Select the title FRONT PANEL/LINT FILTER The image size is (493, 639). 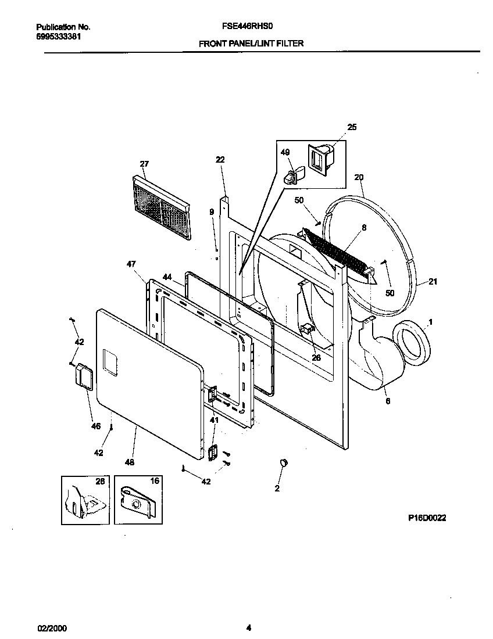[x=251, y=43]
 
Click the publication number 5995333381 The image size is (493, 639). [x=58, y=36]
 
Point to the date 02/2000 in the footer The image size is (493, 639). [x=51, y=628]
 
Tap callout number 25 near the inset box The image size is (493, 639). [x=352, y=127]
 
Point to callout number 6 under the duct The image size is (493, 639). [x=387, y=401]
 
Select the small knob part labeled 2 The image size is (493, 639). [x=284, y=462]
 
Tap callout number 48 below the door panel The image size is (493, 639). [x=129, y=462]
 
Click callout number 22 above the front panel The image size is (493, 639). [x=219, y=160]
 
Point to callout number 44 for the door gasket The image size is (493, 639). [x=167, y=278]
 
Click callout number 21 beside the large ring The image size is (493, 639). [x=433, y=282]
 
